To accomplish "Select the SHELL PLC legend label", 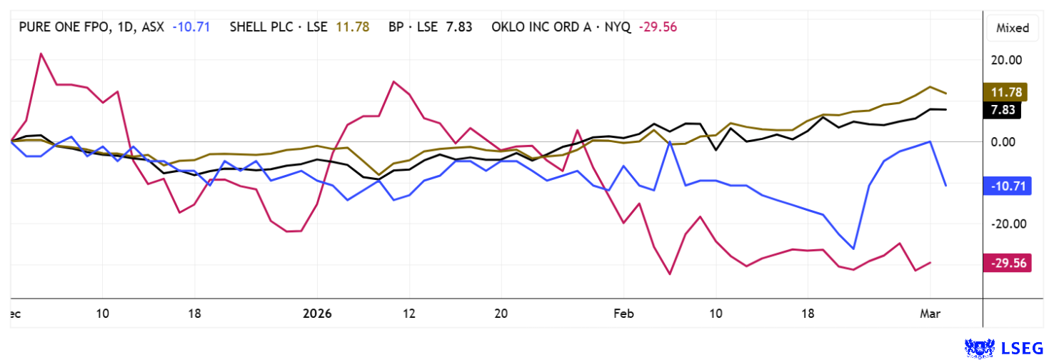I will point(278,28).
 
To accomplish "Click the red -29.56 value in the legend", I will point(658,28).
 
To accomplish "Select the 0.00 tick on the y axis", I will point(1007,141).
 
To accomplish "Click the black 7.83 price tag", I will point(1004,109).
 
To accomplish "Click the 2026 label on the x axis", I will point(317,313).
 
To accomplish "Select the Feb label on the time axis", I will point(623,313).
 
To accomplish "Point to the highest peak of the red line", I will point(41,54).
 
